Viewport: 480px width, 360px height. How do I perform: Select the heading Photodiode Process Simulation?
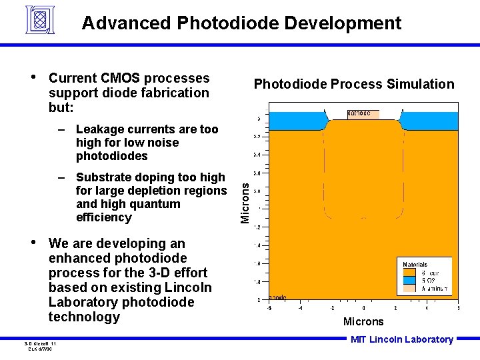point(353,84)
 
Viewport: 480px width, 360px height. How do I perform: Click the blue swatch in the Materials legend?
point(409,281)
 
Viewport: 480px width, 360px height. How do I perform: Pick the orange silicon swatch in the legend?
point(409,273)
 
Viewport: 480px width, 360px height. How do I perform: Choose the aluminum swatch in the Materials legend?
point(409,289)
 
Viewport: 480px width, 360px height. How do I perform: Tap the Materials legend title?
point(415,265)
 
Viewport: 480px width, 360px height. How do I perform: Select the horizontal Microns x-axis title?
point(363,322)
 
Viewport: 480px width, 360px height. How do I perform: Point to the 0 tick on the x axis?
point(363,308)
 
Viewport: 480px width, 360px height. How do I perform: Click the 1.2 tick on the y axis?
point(257,227)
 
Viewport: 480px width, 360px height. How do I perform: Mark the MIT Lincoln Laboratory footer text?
point(402,339)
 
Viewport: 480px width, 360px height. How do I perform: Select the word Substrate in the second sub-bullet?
point(103,177)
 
